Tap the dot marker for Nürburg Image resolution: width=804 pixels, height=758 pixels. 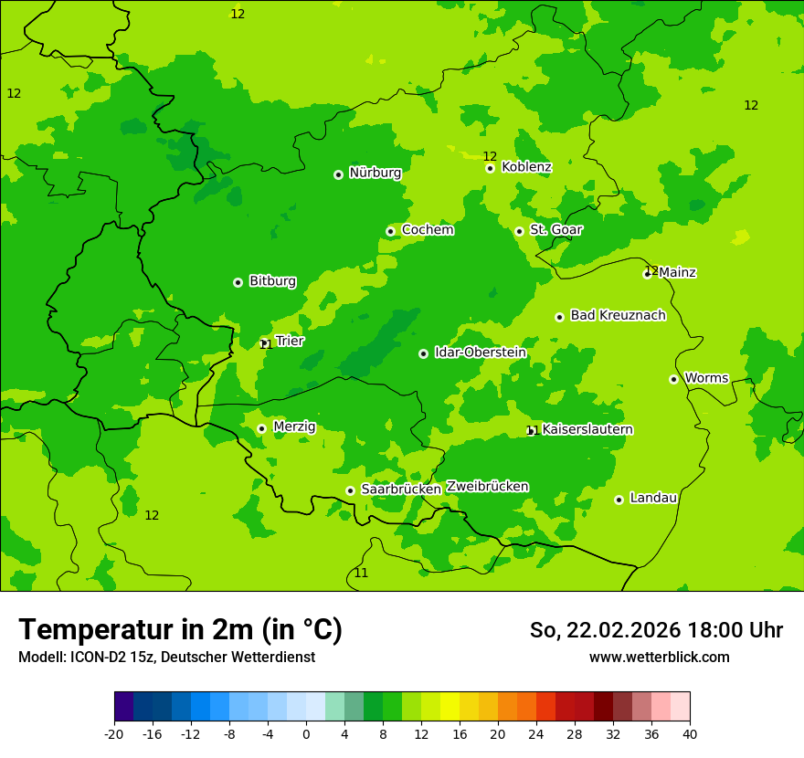tap(338, 174)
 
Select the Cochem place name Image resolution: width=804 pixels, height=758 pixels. tap(428, 230)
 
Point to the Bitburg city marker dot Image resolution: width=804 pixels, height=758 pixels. tap(238, 282)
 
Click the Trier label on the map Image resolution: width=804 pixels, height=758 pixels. tap(290, 341)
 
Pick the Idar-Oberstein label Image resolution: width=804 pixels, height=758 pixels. tap(481, 353)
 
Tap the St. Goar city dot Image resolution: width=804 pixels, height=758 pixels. tap(519, 231)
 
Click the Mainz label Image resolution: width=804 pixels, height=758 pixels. tap(677, 272)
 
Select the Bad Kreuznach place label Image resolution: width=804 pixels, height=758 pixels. tap(618, 315)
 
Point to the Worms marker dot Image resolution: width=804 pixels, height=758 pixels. tap(673, 379)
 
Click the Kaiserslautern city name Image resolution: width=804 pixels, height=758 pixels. tap(587, 429)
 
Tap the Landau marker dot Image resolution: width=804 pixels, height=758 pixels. tap(619, 500)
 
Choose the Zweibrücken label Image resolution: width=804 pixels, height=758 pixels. tap(487, 486)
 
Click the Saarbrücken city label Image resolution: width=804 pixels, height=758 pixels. tap(401, 490)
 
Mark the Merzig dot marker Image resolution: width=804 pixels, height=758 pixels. tap(261, 428)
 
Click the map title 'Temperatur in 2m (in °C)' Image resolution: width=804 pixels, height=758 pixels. tap(180, 629)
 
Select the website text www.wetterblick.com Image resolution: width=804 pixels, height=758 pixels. tap(659, 658)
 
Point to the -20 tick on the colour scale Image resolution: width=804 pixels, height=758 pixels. tap(114, 734)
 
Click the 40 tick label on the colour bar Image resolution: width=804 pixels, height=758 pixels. tap(690, 734)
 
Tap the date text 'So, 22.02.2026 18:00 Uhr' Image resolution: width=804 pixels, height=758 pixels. tap(656, 630)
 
